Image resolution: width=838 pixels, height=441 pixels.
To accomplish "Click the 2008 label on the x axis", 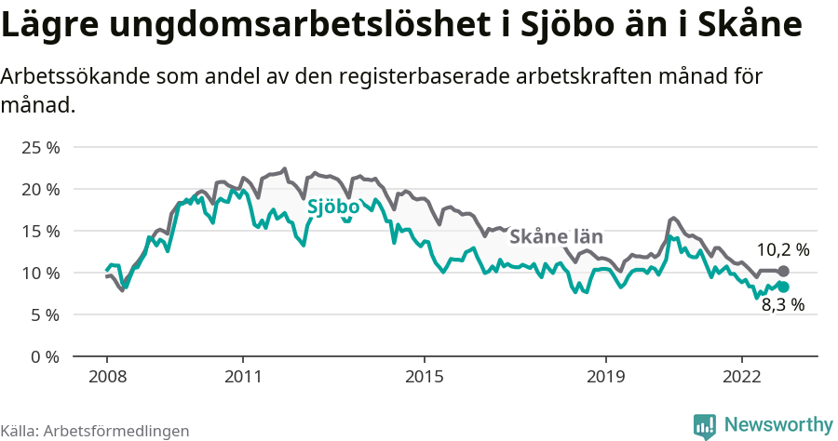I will tap(107, 377).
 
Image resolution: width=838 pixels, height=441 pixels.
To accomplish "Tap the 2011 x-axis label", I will tap(243, 377).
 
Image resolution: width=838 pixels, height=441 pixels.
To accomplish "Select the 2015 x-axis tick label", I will tap(425, 377).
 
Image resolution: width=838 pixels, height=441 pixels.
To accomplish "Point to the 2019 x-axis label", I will tap(606, 377).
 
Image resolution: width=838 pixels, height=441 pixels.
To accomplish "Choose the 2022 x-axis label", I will tap(742, 377).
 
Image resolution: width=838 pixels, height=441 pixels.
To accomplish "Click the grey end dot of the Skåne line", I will tap(784, 271).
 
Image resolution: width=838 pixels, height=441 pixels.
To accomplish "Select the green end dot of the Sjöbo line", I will tap(784, 287).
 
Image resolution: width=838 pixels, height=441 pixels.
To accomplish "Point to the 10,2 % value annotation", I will tap(782, 249).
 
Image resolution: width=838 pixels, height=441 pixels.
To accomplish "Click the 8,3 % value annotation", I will tap(783, 304).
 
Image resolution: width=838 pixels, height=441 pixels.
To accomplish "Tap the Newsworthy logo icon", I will tap(705, 425).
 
